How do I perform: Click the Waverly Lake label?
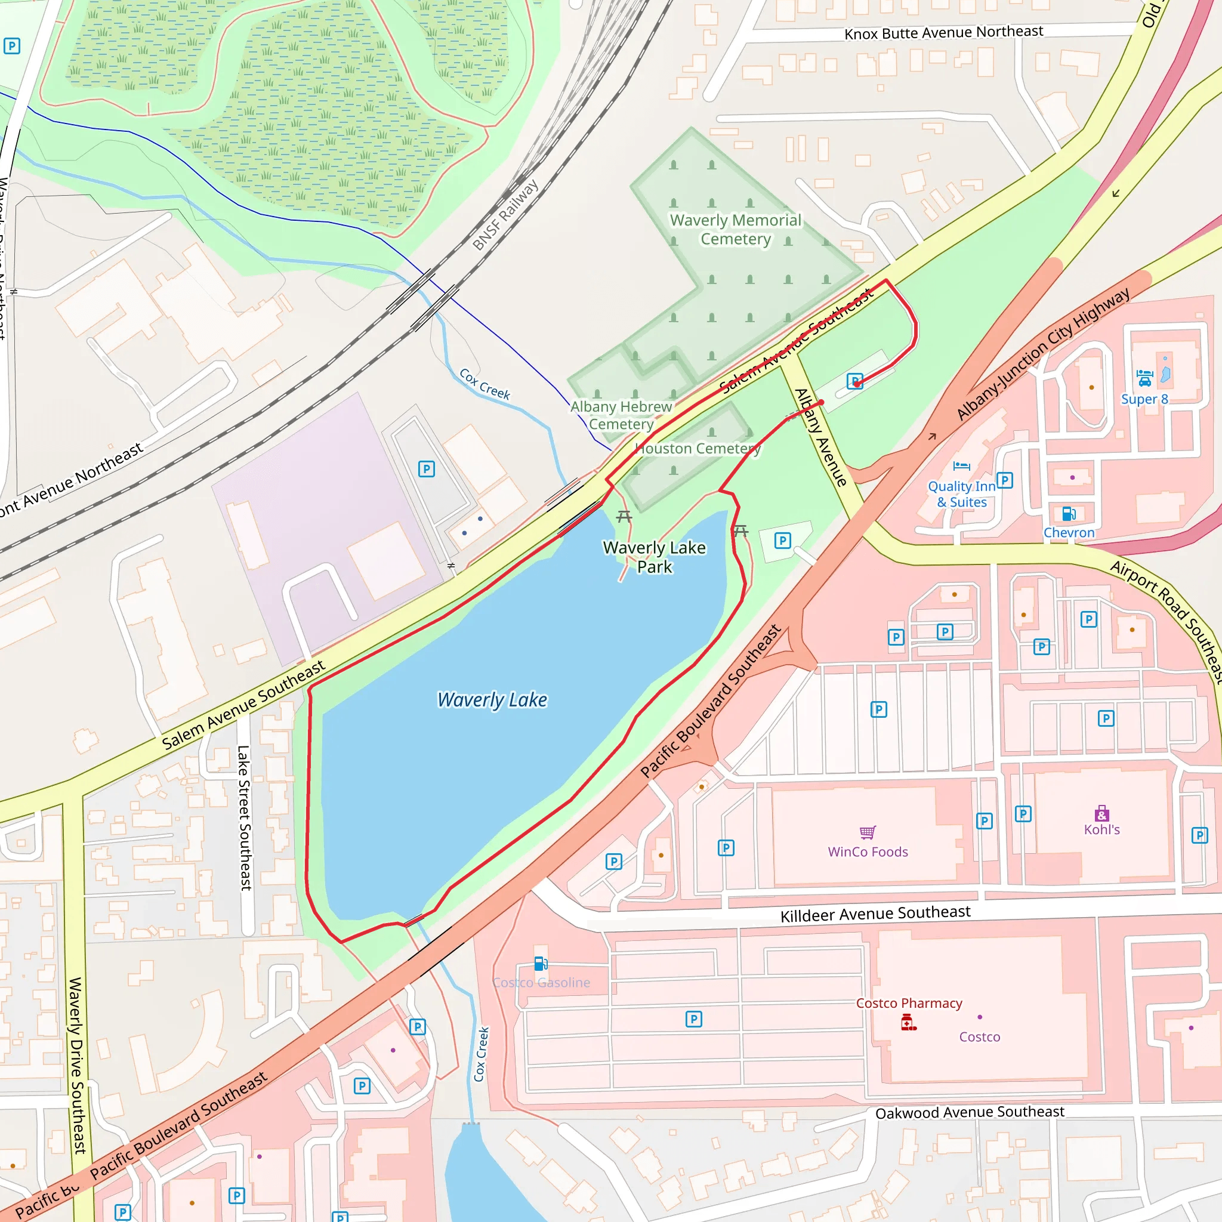point(492,700)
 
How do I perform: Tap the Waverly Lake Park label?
point(654,557)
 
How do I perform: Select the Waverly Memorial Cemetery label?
point(735,229)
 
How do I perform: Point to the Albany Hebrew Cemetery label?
point(621,415)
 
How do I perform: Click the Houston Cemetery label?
point(698,449)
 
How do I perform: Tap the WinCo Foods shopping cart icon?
point(868,832)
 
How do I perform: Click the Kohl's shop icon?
point(1102,813)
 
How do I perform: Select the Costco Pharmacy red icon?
point(908,1022)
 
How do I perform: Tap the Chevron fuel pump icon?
point(1069,514)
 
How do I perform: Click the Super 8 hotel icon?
point(1145,378)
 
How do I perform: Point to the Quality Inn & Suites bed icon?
point(961,466)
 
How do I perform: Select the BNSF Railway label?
point(505,215)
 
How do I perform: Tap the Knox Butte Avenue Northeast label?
point(944,32)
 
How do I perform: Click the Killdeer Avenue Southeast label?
point(875,914)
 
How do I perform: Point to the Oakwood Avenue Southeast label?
point(970,1113)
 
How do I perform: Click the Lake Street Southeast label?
point(244,818)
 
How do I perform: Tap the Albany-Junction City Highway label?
point(1043,354)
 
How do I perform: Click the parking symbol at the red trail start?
point(854,381)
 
